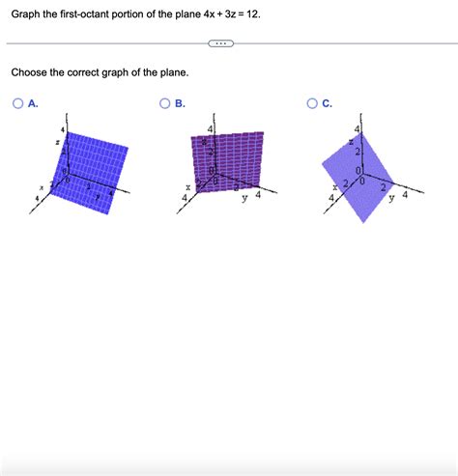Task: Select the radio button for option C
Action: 312,104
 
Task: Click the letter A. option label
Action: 34,104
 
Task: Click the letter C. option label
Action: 328,104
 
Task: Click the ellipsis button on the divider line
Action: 220,43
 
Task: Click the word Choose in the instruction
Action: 32,72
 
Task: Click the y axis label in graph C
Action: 392,201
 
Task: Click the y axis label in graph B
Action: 244,200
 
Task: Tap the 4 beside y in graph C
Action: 406,194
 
